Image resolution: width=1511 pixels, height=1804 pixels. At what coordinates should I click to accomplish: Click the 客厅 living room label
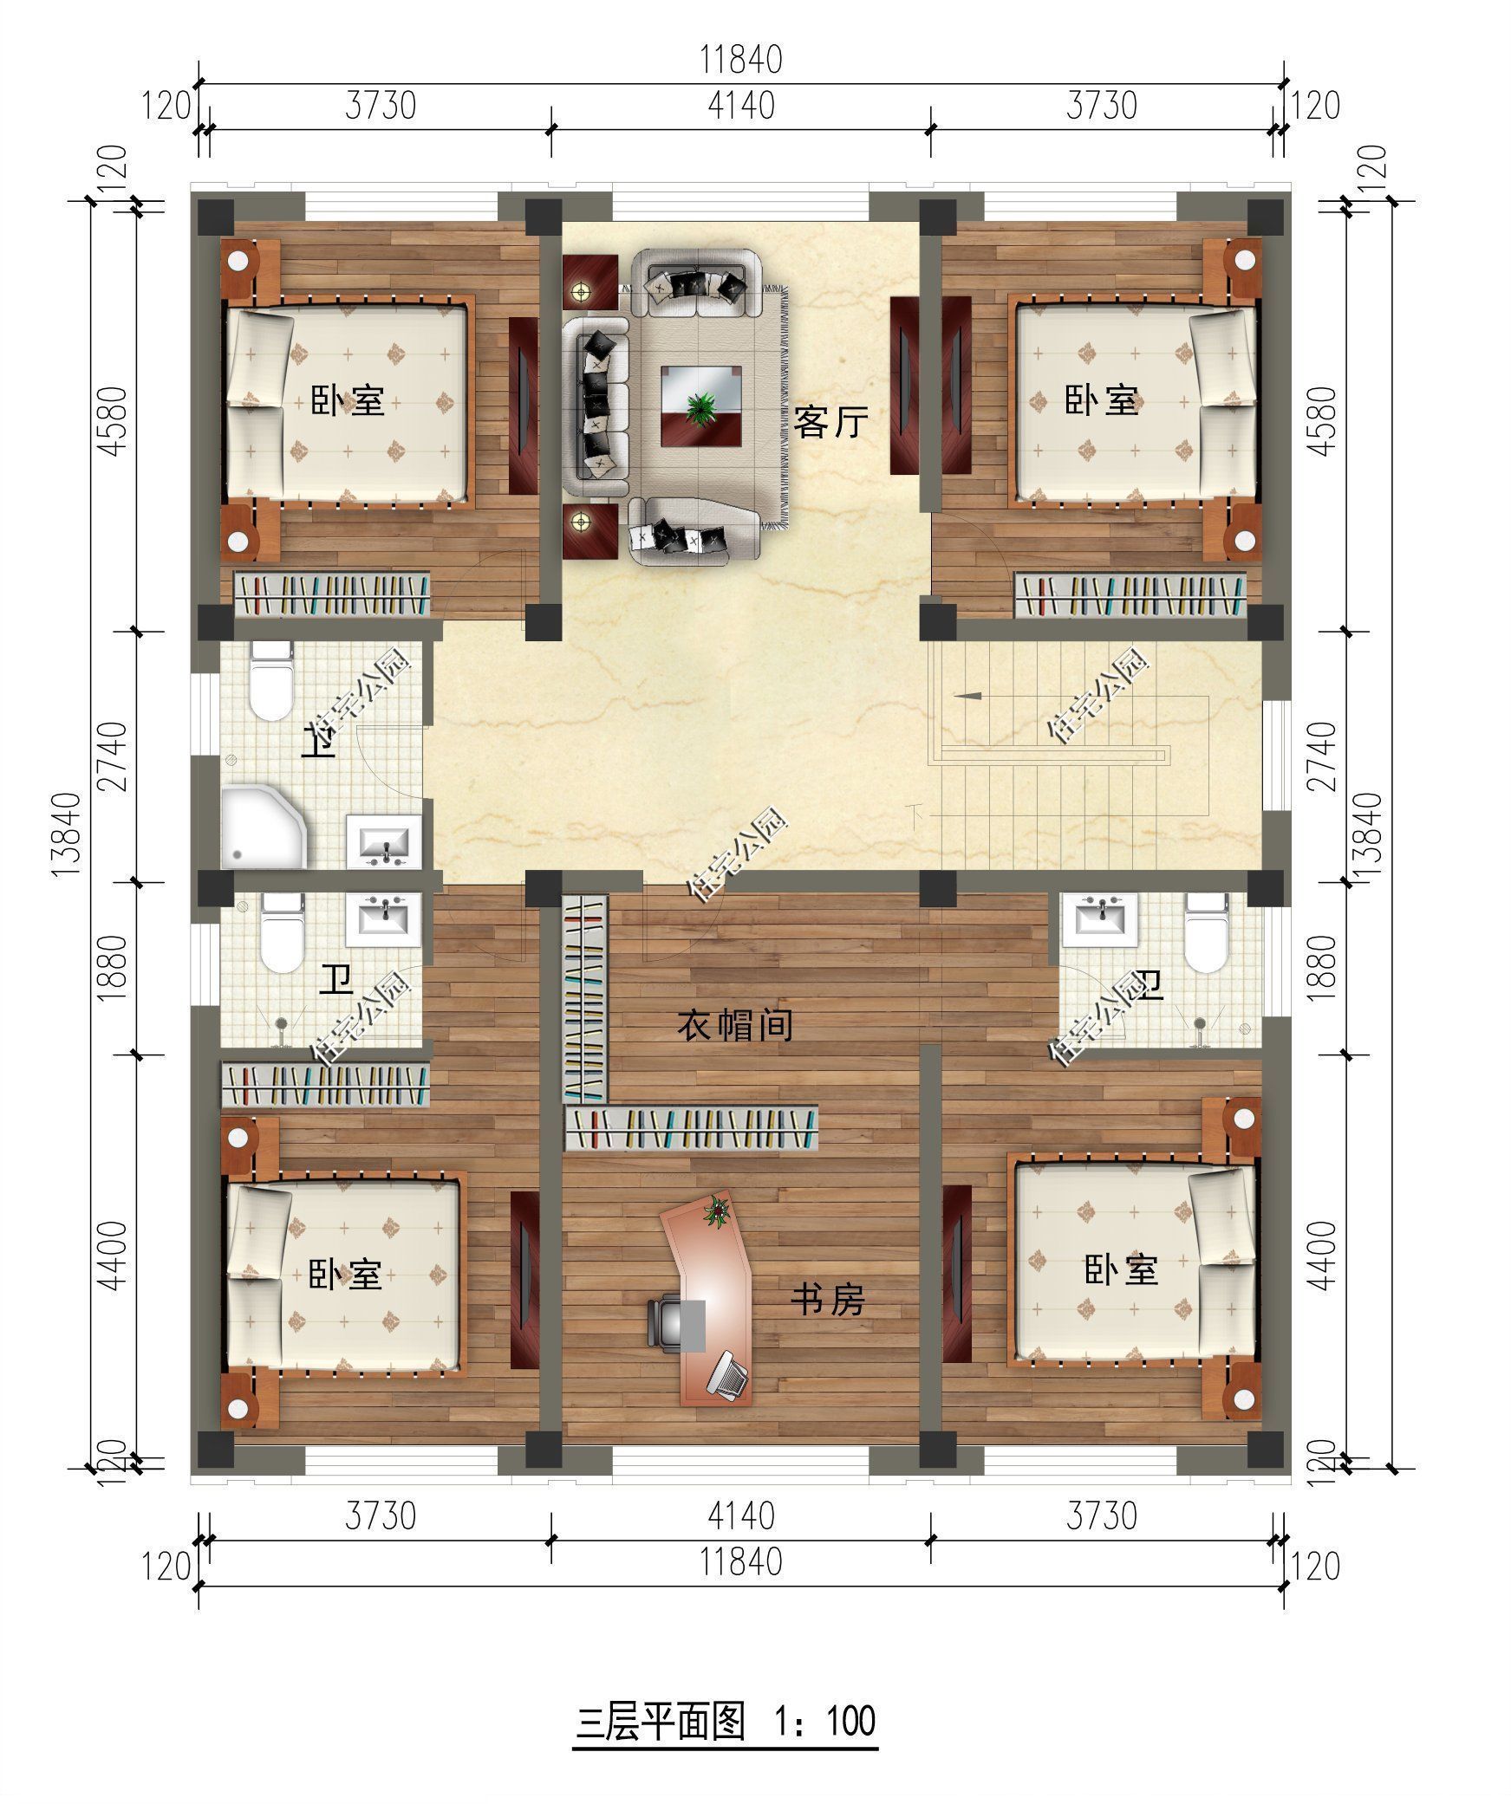coord(830,423)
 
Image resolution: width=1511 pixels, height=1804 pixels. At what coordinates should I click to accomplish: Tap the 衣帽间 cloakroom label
coord(735,1027)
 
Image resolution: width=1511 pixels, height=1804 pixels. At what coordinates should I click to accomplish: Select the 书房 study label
coord(827,1300)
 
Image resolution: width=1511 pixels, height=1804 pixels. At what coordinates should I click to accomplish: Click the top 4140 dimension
coord(741,106)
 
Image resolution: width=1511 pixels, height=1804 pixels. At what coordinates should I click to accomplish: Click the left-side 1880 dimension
coord(113,968)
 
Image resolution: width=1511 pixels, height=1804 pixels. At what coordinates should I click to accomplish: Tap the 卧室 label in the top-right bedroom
coord(1101,400)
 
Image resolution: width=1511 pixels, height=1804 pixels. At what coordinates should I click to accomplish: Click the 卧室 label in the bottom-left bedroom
coord(345,1275)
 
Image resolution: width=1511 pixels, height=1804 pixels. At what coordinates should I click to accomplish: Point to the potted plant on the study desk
coord(716,1210)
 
